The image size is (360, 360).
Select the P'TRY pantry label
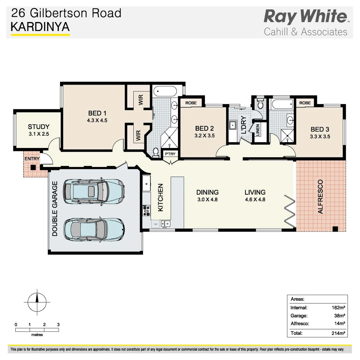click(170, 154)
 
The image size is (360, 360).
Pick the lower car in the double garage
click(94, 229)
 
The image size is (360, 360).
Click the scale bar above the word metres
click(37, 330)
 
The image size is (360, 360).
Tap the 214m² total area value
click(338, 333)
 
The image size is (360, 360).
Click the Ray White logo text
click(305, 17)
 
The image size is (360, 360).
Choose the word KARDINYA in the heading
click(40, 27)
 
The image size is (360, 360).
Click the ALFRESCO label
click(320, 196)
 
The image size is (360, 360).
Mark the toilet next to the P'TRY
click(155, 153)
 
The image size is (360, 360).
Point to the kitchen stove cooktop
click(146, 210)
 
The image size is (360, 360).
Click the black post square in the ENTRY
click(33, 168)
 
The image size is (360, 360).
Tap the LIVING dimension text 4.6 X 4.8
click(255, 200)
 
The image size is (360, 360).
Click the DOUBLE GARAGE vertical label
click(55, 209)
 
